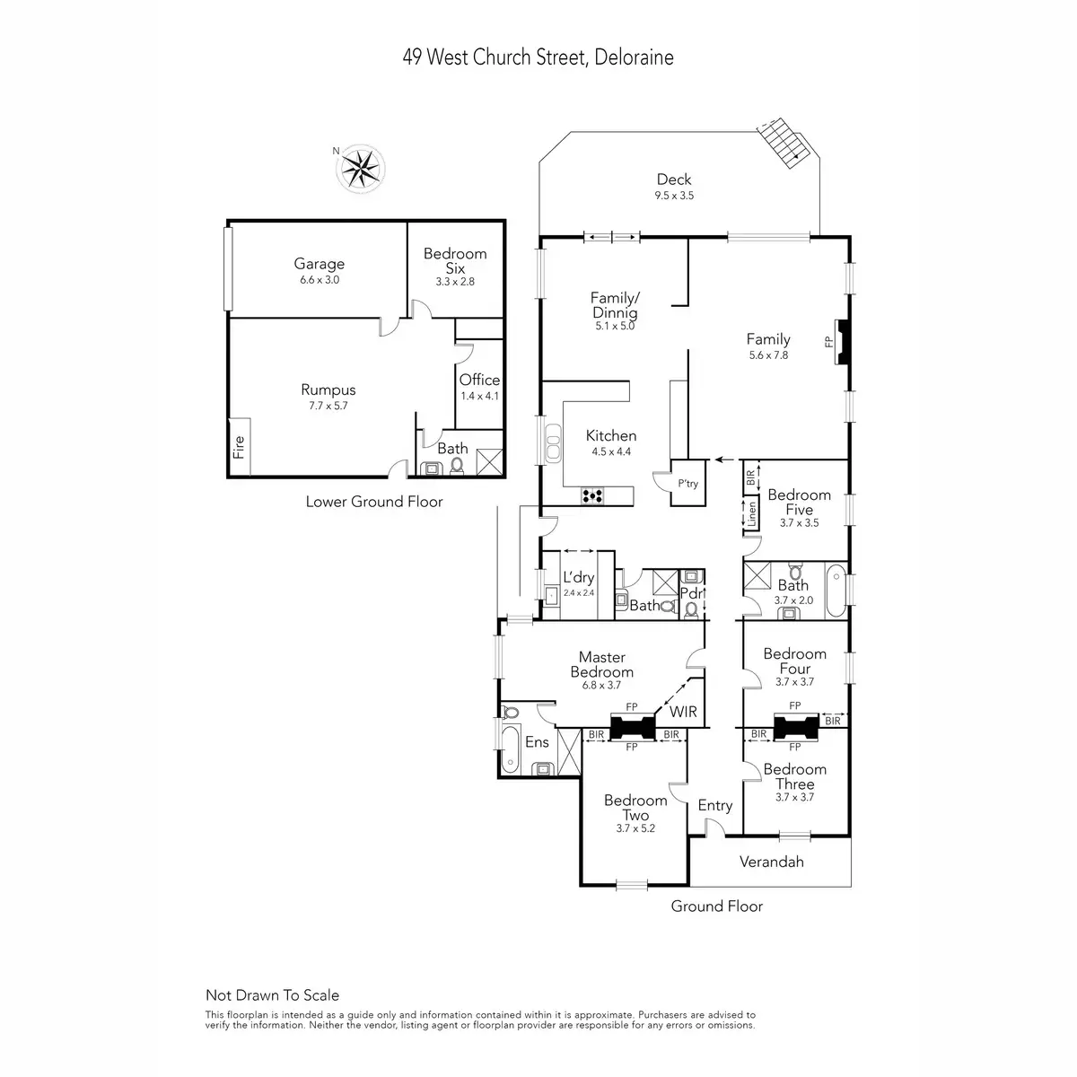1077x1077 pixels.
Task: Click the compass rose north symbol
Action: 363,167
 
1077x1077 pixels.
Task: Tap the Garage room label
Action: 319,264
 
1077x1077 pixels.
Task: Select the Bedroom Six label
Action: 455,261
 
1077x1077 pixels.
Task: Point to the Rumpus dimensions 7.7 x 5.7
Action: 328,406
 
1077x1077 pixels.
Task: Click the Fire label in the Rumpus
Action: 239,447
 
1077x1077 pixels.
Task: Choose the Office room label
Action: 479,380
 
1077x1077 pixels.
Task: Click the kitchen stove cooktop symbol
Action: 592,495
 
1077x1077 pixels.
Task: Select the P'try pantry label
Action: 687,484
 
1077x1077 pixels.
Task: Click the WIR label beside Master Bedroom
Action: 683,712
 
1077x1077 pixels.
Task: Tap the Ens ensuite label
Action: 537,742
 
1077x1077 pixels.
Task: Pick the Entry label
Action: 715,805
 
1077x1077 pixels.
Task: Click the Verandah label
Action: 771,862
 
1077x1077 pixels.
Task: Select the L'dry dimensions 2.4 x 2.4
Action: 579,593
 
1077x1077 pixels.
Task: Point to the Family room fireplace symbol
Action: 841,342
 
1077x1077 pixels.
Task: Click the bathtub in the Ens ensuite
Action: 510,750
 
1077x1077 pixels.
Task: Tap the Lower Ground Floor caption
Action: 374,502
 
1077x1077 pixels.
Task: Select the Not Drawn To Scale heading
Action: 273,994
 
